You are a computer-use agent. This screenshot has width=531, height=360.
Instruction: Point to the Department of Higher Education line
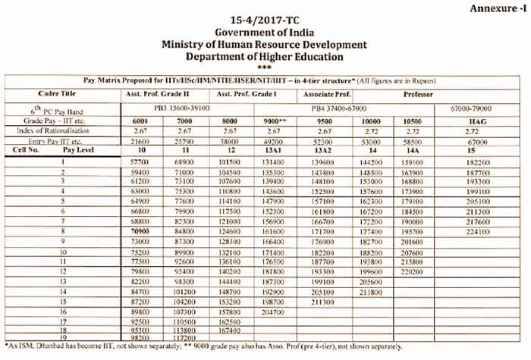pyautogui.click(x=265, y=57)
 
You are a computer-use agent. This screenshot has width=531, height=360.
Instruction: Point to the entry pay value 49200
pyautogui.click(x=275, y=141)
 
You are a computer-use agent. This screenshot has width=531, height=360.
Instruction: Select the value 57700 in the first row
pyautogui.click(x=139, y=163)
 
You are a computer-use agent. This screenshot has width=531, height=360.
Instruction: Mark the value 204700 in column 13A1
pyautogui.click(x=275, y=310)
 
